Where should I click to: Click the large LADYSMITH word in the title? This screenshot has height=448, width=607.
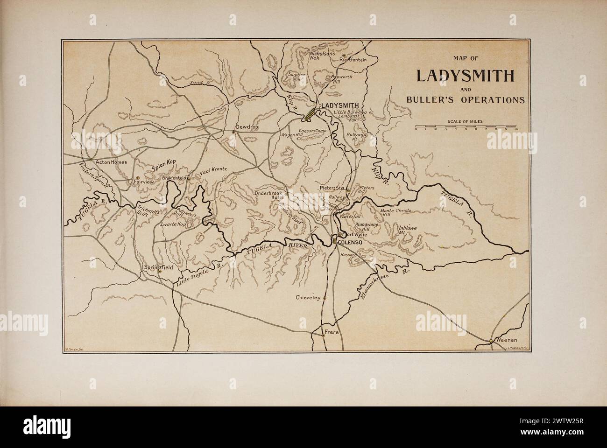pyautogui.click(x=465, y=76)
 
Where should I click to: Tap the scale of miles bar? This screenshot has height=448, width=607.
pyautogui.click(x=465, y=126)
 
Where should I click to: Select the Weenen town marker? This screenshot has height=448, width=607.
pyautogui.click(x=490, y=341)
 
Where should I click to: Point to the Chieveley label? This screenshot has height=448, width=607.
pyautogui.click(x=308, y=297)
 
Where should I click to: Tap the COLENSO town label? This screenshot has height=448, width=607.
pyautogui.click(x=350, y=241)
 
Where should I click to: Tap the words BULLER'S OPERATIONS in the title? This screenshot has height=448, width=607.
pyautogui.click(x=465, y=100)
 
